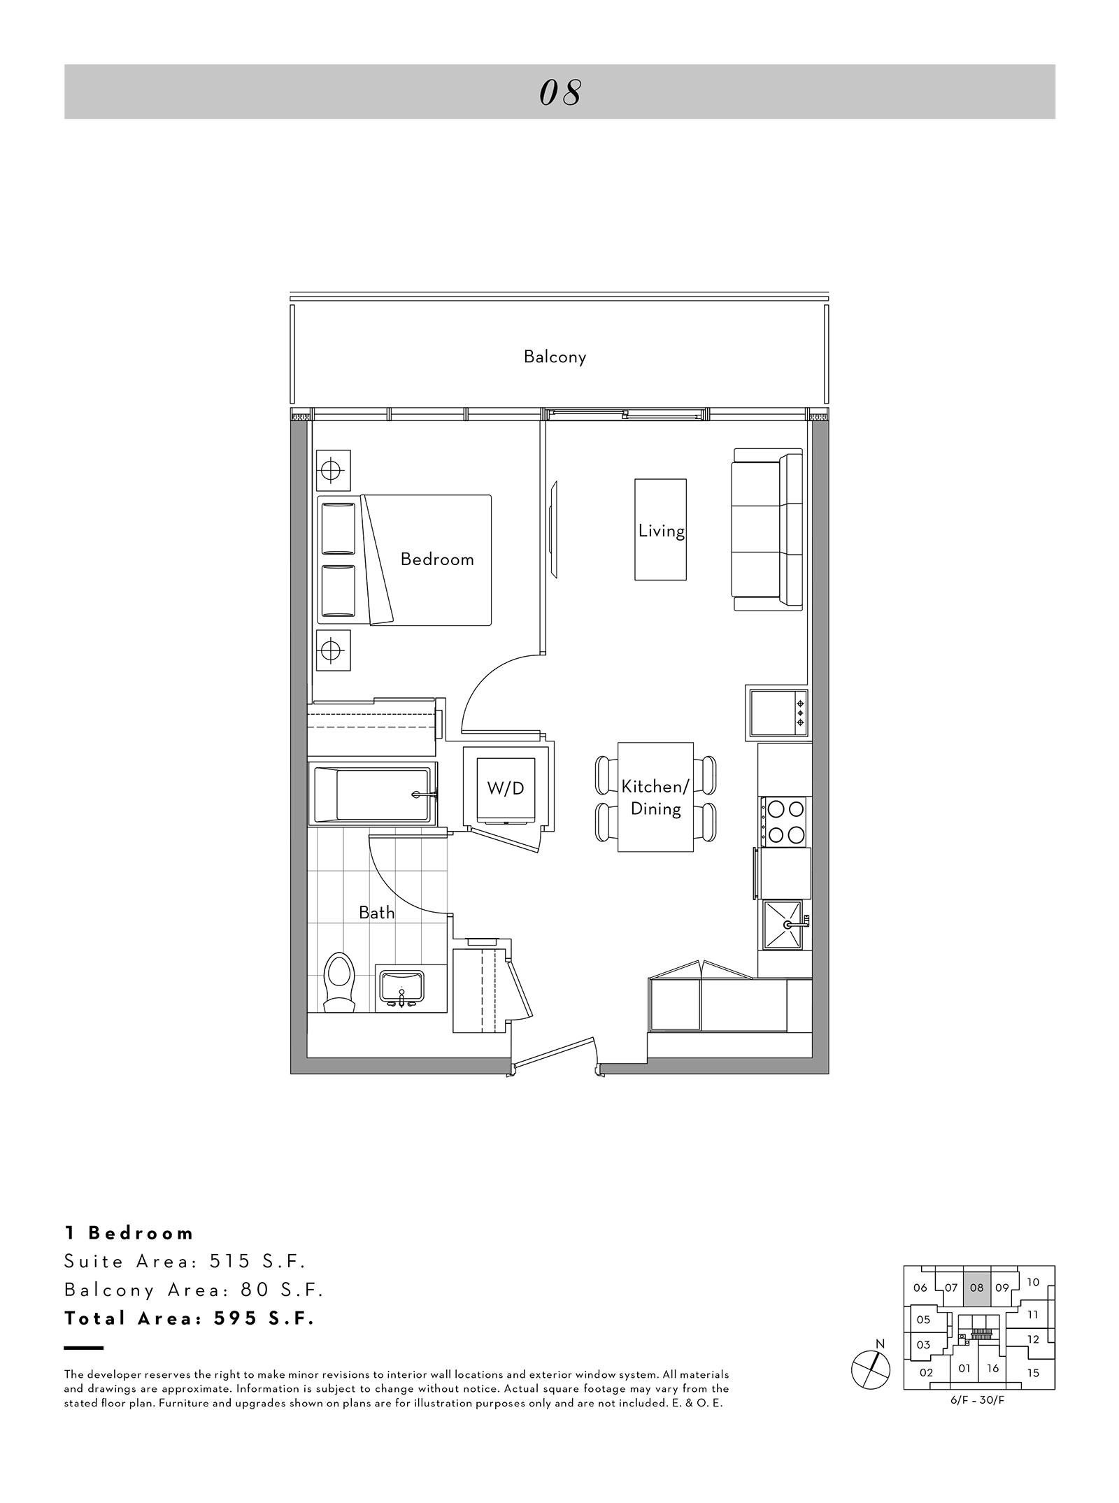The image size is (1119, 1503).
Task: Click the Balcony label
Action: [555, 357]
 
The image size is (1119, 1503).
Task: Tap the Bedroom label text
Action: [437, 560]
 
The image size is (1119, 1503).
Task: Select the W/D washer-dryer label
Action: [506, 788]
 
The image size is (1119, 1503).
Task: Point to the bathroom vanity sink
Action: [401, 989]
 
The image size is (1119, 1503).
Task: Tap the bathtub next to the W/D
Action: [372, 795]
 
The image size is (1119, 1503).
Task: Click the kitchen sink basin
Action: [783, 925]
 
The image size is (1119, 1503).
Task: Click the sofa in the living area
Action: [767, 529]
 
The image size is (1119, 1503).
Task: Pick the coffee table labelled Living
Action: [660, 529]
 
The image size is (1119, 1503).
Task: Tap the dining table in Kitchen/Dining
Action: [655, 797]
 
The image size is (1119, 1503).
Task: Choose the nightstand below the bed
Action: [333, 651]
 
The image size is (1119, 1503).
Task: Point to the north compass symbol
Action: [871, 1367]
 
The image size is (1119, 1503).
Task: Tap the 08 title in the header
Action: [560, 92]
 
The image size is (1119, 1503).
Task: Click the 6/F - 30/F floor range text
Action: [978, 1399]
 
